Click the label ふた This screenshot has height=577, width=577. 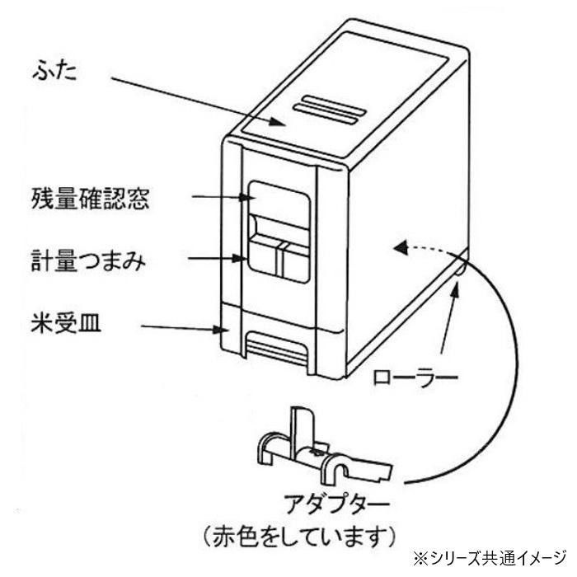54,71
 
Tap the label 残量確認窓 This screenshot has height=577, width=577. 90,199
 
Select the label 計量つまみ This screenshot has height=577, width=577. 88,261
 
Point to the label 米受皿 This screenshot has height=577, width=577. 66,323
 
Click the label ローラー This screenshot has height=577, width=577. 415,378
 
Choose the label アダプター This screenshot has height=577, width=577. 336,504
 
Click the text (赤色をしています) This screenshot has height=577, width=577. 300,536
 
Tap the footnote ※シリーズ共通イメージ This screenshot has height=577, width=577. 490,560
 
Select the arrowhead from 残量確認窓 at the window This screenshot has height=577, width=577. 246,198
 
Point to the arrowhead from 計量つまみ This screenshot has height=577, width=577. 240,258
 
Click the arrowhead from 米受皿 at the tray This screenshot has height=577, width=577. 222,329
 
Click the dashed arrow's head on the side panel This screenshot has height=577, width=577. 401,247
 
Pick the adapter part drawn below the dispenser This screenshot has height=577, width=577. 325,446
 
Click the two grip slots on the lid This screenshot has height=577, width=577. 330,110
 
